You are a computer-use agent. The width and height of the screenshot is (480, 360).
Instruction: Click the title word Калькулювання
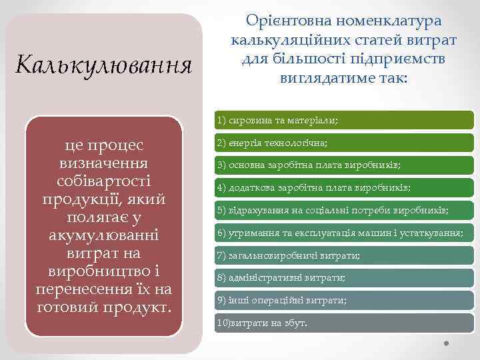103,65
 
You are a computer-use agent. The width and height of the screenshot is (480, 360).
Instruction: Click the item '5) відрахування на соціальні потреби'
333,210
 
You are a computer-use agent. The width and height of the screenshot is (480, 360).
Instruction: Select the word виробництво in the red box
97,272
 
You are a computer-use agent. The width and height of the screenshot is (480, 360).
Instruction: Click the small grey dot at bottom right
447,343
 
